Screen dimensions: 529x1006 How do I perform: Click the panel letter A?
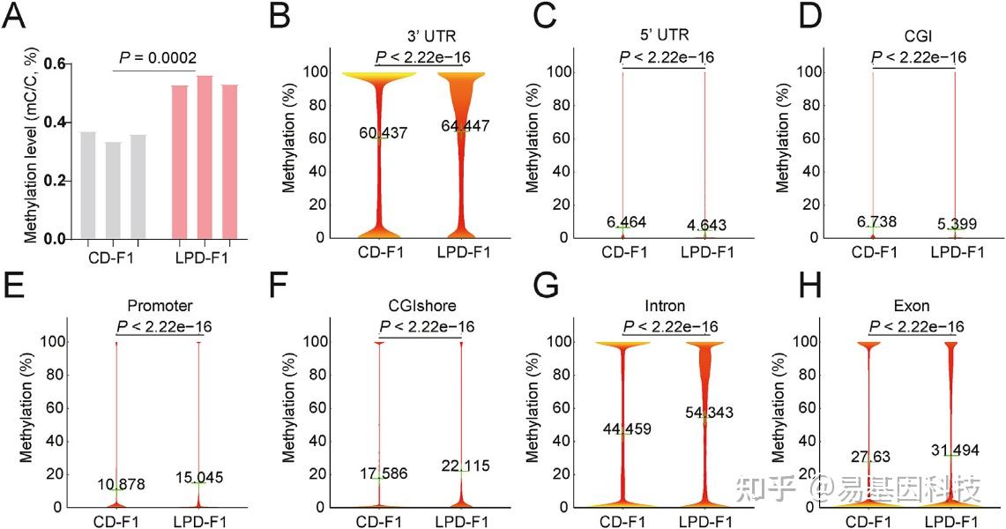point(17,18)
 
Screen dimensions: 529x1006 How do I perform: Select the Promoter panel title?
point(161,308)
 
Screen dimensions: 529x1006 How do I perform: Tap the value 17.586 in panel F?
point(381,473)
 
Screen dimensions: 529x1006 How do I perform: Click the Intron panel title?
point(667,308)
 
